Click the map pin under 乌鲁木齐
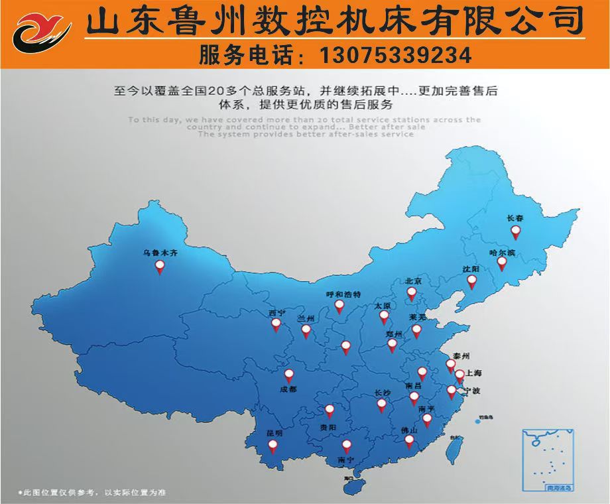[x=160, y=267]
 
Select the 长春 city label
[x=515, y=218]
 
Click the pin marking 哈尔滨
[x=502, y=263]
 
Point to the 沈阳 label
[x=471, y=269]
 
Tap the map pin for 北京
[x=411, y=292]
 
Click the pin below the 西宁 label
[x=276, y=325]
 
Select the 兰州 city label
[x=306, y=318]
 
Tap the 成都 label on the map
[x=288, y=389]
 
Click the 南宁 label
[x=345, y=460]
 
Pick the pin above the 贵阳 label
[x=330, y=410]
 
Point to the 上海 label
[x=474, y=373]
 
